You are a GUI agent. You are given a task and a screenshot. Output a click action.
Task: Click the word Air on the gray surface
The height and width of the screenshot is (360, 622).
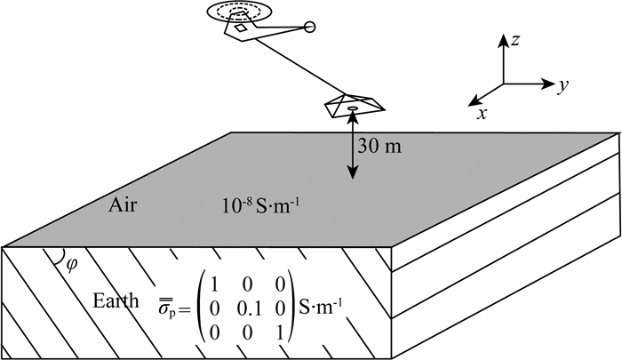124,205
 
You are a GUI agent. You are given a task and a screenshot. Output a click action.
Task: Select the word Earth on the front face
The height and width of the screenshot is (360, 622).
116,300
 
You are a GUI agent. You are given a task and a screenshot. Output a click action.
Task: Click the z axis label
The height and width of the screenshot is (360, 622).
515,39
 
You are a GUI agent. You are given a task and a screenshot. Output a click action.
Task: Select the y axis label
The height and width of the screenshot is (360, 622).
562,86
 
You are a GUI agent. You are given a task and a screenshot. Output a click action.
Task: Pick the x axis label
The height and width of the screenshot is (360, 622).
481,114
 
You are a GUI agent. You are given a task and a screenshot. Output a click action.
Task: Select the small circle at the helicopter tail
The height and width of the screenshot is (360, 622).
310,28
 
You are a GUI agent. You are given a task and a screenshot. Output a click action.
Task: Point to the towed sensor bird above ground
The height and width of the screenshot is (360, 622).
353,105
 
